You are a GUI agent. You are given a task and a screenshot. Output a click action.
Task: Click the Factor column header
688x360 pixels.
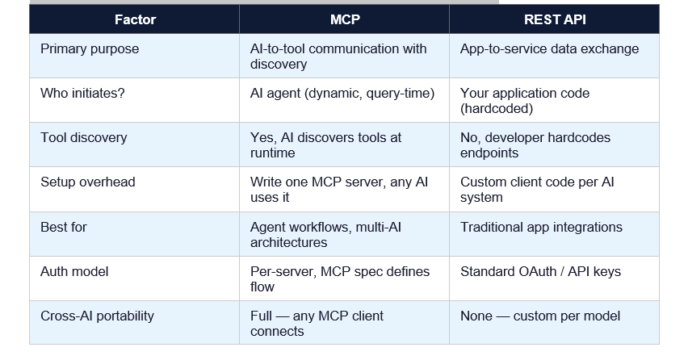[135, 19]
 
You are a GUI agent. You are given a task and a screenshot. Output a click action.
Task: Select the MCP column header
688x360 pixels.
[344, 19]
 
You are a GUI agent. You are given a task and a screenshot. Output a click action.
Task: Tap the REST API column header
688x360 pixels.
[554, 19]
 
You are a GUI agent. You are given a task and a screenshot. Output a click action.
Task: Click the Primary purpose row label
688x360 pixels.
[90, 49]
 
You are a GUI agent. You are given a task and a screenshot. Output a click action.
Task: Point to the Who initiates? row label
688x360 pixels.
[82, 94]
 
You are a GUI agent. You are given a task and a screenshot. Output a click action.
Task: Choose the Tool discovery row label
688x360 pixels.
[84, 138]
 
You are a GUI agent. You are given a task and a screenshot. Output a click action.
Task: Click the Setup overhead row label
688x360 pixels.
[88, 182]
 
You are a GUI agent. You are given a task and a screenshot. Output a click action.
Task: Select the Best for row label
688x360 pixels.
[64, 228]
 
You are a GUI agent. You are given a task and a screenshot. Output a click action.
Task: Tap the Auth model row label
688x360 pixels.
[75, 272]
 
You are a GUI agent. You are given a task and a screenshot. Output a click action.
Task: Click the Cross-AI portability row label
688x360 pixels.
[97, 316]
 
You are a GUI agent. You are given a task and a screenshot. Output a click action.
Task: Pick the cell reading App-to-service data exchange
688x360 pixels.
[549, 49]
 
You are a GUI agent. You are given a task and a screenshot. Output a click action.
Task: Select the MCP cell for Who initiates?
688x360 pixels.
[342, 94]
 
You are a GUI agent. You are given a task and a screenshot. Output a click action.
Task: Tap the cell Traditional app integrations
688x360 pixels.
[541, 228]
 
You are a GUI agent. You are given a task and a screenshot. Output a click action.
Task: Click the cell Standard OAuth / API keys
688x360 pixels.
[540, 272]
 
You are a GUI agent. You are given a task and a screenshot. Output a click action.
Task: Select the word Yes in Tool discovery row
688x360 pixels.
[261, 138]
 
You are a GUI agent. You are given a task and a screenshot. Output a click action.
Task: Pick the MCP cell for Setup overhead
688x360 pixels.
[339, 190]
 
